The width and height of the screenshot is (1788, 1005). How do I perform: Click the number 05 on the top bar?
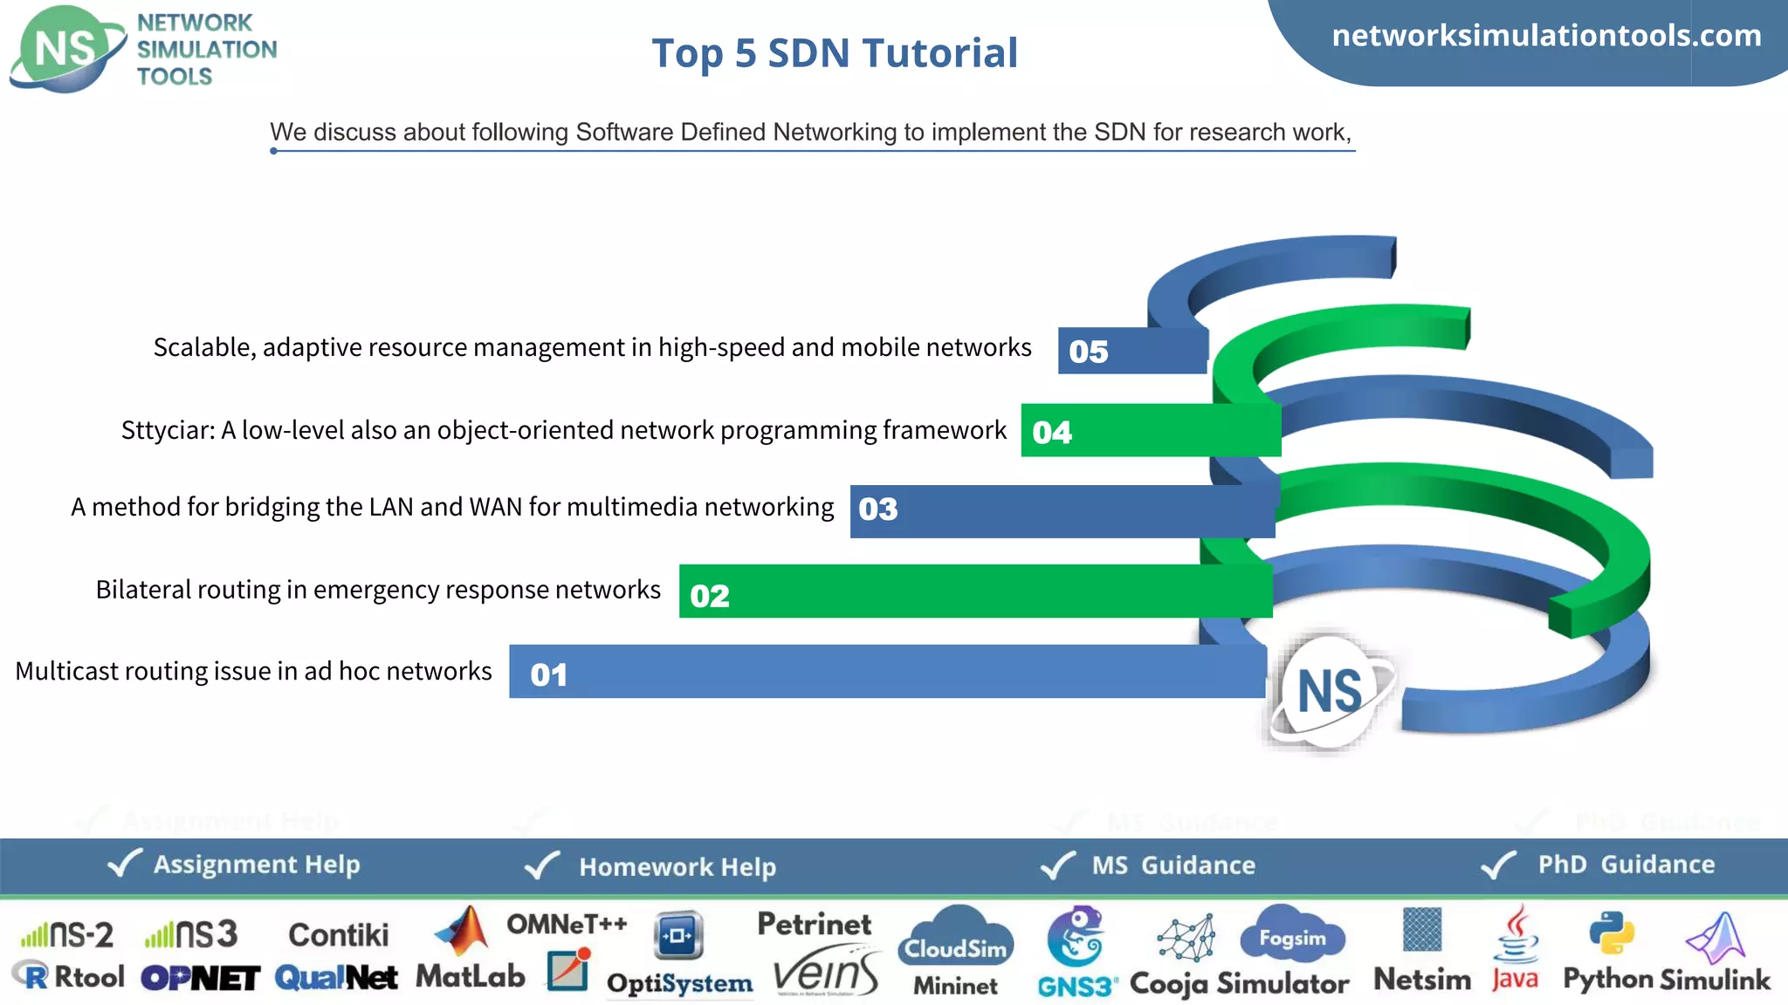(x=1088, y=352)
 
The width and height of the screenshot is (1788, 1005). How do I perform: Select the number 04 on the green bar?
(x=1051, y=432)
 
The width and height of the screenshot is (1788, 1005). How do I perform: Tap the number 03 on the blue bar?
(x=877, y=509)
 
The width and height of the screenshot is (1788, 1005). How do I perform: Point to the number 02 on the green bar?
(x=709, y=596)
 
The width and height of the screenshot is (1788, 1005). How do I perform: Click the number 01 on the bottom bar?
(x=548, y=674)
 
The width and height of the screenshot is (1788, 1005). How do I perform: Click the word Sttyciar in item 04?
(x=165, y=430)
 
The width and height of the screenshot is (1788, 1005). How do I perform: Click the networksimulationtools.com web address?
(x=1546, y=36)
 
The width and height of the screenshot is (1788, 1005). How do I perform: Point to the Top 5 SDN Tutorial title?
(x=835, y=53)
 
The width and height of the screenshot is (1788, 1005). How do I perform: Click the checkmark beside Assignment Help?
(x=124, y=863)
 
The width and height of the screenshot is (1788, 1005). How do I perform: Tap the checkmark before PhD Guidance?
(x=1499, y=864)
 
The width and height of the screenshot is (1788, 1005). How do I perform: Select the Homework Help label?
(x=677, y=866)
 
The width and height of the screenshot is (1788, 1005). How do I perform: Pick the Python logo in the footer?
(x=1611, y=933)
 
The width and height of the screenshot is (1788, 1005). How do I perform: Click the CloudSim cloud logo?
(x=957, y=939)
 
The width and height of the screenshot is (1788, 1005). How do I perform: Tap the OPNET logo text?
(x=200, y=978)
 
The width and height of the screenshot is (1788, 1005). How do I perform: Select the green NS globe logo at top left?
(x=66, y=49)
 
